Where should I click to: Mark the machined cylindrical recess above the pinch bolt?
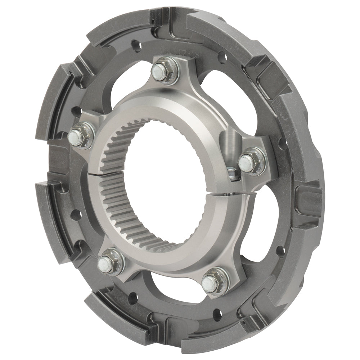[x=229, y=143]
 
